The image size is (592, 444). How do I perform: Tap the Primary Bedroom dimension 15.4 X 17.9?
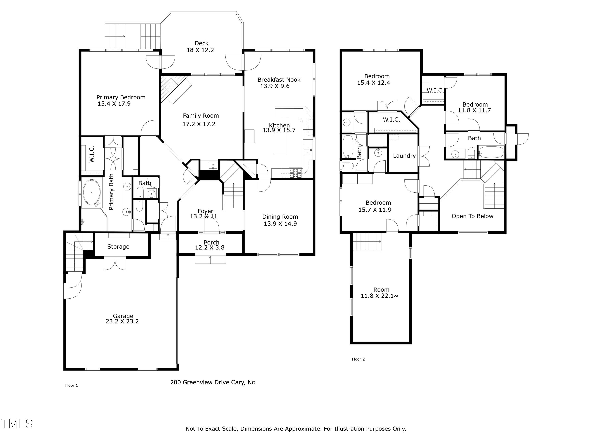114,104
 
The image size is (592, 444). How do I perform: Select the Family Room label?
201,116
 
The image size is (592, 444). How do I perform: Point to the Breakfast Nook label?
279,80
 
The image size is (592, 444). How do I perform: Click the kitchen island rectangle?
280,144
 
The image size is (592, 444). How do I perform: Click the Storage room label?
118,247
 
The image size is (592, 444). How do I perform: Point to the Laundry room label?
404,156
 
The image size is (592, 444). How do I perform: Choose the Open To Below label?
472,216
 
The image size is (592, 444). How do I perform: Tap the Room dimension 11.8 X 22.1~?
379,296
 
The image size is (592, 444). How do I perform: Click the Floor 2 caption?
358,359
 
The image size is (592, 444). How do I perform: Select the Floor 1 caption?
71,385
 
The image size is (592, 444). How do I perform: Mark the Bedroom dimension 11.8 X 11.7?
474,111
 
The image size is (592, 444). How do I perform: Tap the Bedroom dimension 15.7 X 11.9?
375,210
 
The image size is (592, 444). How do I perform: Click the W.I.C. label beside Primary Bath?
92,154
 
